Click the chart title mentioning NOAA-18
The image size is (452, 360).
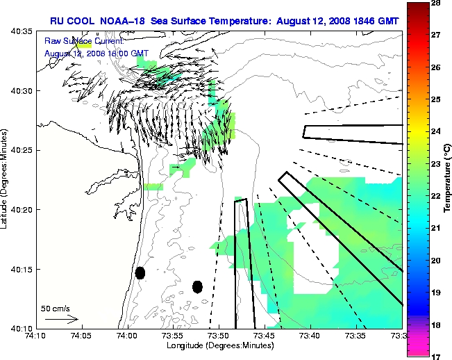pyautogui.click(x=225, y=20)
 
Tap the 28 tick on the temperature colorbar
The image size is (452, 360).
pyautogui.click(x=438, y=3)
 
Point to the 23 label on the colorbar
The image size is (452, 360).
pyautogui.click(x=438, y=164)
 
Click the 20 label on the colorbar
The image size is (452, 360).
pyautogui.click(x=438, y=261)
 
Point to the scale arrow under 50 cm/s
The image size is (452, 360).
pyautogui.click(x=61, y=319)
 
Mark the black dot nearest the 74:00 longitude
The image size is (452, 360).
pyautogui.click(x=140, y=272)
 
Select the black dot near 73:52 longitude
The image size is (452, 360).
pyautogui.click(x=197, y=286)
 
